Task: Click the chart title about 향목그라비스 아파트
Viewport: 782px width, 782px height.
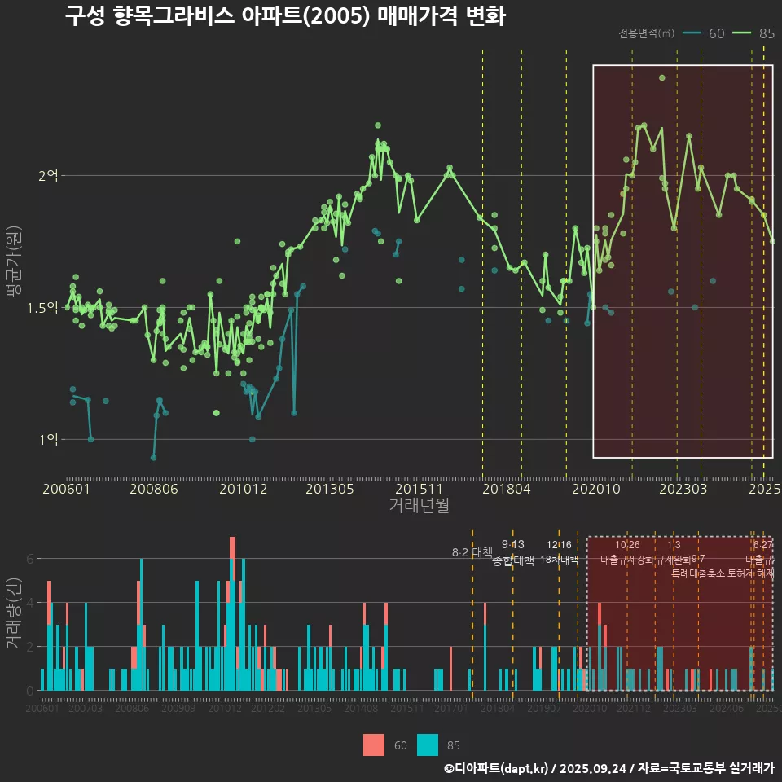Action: point(285,16)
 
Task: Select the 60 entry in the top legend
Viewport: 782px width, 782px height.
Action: point(705,33)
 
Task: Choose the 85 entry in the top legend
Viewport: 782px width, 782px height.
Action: point(754,33)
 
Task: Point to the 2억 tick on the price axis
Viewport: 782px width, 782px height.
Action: point(50,175)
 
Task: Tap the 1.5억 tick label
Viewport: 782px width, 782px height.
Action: point(44,307)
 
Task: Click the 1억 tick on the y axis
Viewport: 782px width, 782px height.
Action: point(50,440)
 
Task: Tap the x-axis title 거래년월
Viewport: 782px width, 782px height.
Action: point(419,506)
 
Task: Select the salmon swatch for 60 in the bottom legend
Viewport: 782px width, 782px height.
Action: point(374,745)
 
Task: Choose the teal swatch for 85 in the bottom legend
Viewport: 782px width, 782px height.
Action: point(428,745)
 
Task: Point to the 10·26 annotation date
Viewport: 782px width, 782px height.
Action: point(627,545)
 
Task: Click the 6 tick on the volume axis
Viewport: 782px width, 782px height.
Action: point(30,559)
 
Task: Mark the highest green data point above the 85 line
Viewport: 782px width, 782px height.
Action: point(662,78)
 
